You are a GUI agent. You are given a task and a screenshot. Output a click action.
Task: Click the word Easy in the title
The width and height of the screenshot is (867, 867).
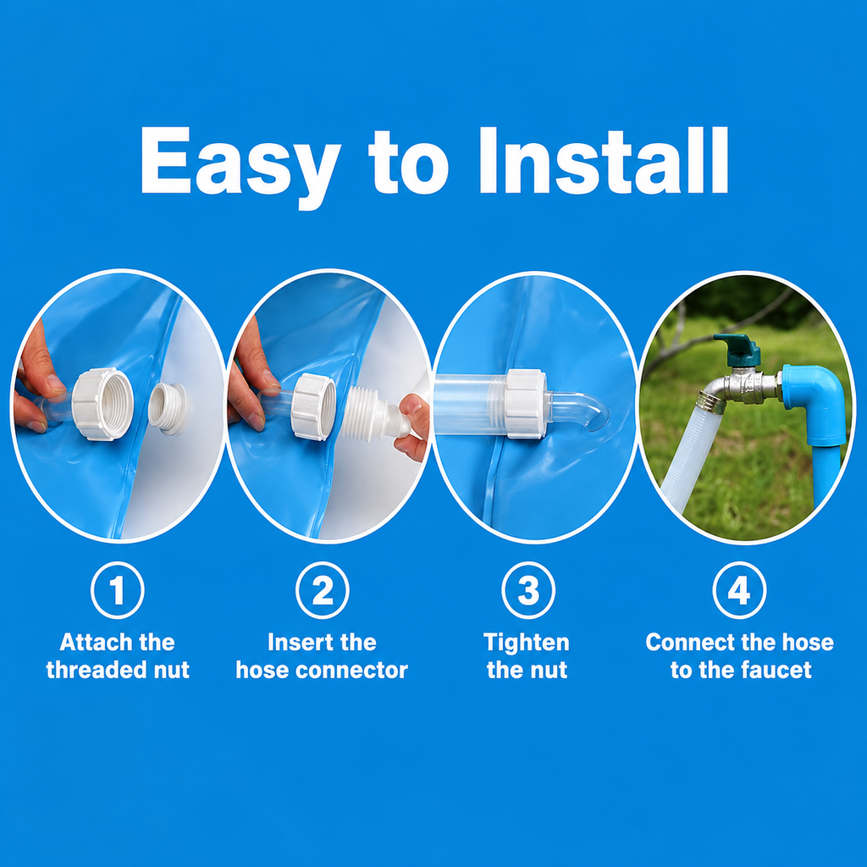coord(240,166)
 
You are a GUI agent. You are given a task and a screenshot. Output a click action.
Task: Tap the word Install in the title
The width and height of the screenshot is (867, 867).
coord(604,160)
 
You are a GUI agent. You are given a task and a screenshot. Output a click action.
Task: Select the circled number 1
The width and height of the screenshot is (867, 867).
coord(117,590)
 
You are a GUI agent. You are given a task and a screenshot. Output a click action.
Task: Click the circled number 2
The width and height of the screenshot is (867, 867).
coord(323,590)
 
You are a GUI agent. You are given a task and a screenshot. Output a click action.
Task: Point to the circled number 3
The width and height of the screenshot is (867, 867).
coord(528,590)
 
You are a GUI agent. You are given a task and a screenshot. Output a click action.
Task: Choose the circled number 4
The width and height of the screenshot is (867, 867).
coord(739,590)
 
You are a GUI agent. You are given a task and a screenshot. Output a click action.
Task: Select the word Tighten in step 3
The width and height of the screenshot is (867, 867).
coord(527,643)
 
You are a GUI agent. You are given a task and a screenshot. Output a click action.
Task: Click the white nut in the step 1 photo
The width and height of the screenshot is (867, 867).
coord(102,403)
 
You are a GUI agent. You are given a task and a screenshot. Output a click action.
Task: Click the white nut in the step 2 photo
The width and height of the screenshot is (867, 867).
coord(313,406)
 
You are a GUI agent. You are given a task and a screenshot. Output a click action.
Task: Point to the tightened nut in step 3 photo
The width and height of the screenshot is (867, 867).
coord(526,404)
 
